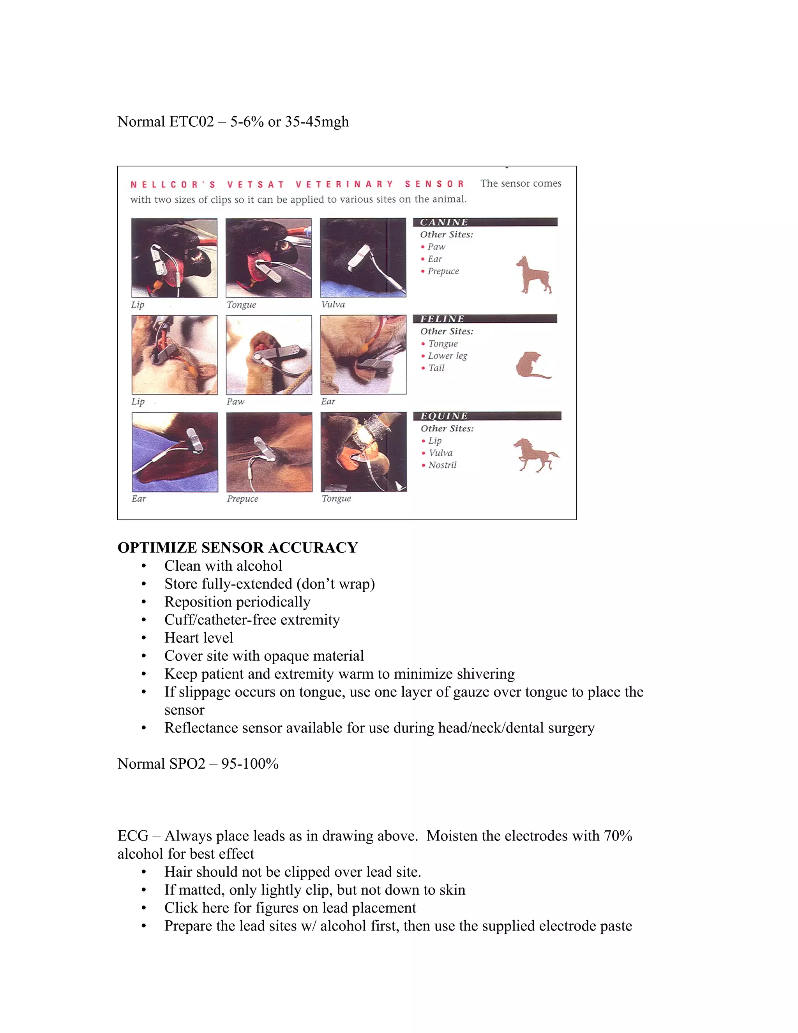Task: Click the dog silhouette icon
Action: [x=533, y=275]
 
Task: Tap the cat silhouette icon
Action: [x=532, y=366]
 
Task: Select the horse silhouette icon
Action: [x=535, y=455]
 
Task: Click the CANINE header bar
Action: [x=485, y=222]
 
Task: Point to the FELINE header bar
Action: [x=485, y=319]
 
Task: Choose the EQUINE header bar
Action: [x=487, y=416]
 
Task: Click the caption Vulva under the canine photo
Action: [x=333, y=304]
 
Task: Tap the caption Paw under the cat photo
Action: [x=235, y=402]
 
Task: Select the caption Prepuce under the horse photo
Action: [x=242, y=499]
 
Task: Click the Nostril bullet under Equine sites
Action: [x=442, y=465]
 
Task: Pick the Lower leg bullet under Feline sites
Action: [x=447, y=356]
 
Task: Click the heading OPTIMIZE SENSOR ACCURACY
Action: [x=237, y=547]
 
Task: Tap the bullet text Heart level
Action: [x=199, y=638]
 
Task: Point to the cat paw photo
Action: [x=269, y=355]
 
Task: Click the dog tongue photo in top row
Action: [x=268, y=258]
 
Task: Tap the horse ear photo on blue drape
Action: [x=175, y=452]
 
